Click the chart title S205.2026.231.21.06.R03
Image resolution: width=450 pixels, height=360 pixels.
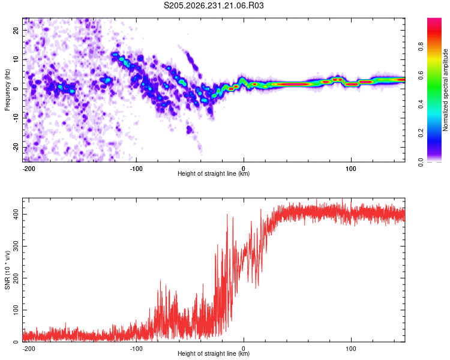214,5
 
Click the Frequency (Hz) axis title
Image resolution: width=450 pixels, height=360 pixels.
7,90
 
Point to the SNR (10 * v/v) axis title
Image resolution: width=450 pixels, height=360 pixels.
7,270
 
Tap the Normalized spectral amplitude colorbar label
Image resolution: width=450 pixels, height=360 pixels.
445,90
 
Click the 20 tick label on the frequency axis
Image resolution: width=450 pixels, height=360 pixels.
16,30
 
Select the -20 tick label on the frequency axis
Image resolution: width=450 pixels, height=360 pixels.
16,147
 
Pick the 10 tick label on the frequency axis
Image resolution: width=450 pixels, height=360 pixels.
16,59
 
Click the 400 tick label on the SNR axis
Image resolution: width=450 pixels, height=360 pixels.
16,214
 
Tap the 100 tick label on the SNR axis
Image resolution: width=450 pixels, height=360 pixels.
16,310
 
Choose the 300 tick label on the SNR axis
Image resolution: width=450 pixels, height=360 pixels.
16,246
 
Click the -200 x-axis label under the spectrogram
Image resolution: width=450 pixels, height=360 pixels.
29,169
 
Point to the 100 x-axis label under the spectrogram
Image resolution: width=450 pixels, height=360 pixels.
351,169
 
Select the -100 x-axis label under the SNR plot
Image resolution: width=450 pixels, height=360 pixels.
136,349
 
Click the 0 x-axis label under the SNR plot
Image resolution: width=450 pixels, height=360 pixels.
244,349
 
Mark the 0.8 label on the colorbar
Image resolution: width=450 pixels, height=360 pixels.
421,46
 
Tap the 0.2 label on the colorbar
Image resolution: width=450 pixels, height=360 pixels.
421,133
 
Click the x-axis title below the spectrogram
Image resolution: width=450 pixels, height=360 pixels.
214,173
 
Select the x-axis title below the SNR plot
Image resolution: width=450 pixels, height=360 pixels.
214,353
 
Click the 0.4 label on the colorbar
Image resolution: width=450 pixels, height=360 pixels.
421,104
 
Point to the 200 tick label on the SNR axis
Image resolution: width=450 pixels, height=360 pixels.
16,278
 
